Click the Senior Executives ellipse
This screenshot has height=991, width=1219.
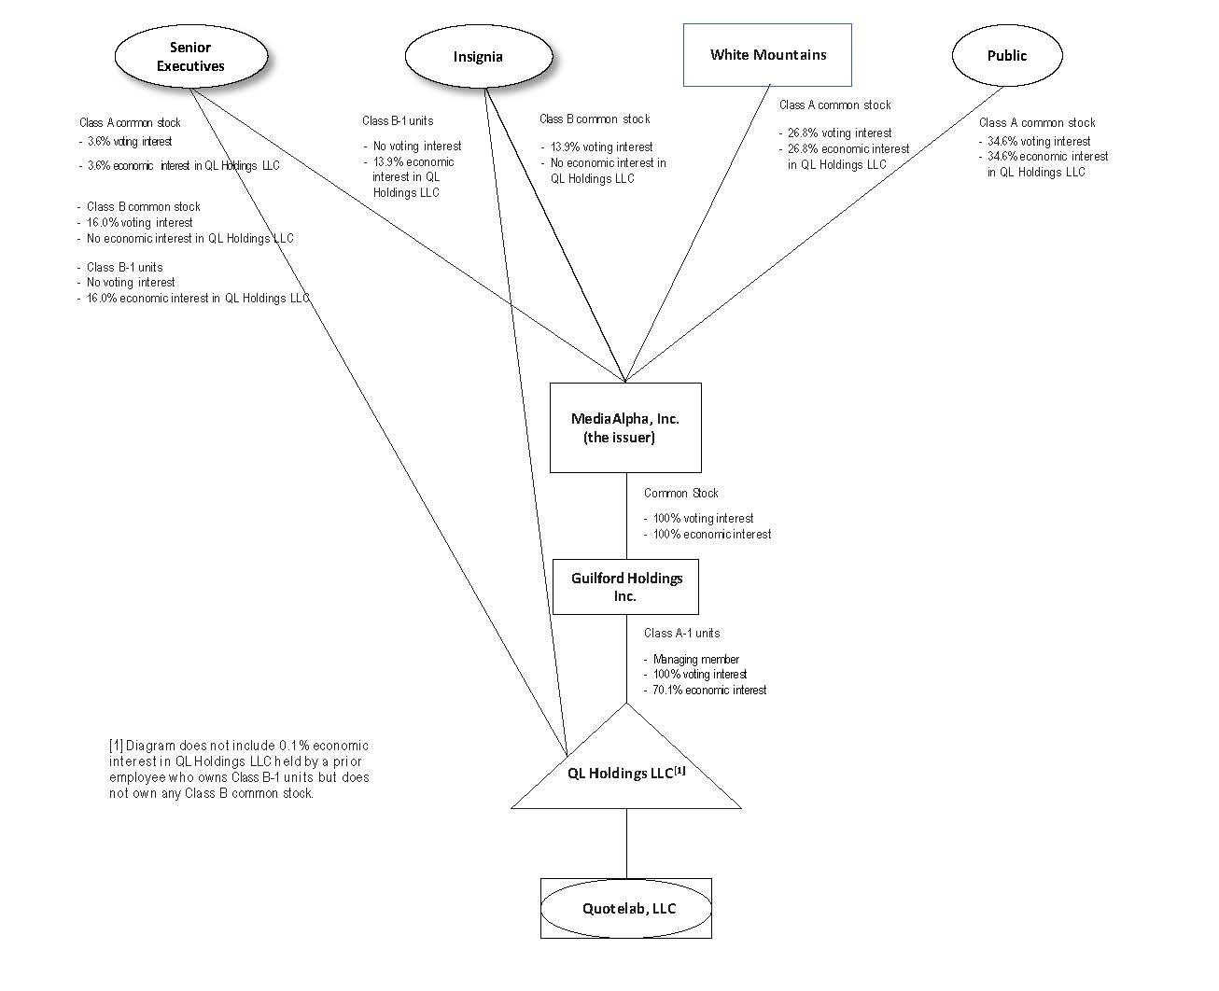[x=190, y=57]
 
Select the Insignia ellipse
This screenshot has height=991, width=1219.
[x=478, y=57]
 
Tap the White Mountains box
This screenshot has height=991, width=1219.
[x=767, y=55]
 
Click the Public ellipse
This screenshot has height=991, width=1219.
[x=1006, y=56]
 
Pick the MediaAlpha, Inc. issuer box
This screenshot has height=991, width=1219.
[x=625, y=427]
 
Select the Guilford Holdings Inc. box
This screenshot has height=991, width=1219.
[x=625, y=587]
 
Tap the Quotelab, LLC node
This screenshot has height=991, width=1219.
[x=626, y=908]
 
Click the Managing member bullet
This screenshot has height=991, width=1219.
[x=695, y=659]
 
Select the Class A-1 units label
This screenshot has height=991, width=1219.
[x=681, y=633]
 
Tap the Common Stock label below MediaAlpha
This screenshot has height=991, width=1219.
[x=680, y=493]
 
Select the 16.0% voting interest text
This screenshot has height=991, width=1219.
[x=139, y=222]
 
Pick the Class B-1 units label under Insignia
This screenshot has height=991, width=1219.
[x=398, y=120]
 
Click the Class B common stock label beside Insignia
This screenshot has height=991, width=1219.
[x=595, y=119]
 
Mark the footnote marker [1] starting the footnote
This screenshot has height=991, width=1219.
[x=116, y=746]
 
